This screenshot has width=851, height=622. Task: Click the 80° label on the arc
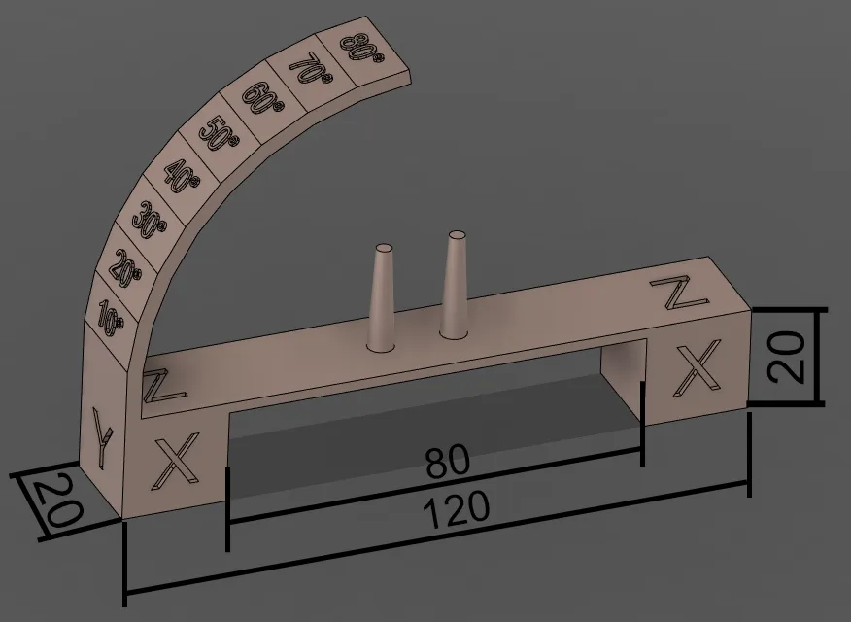pyautogui.click(x=359, y=49)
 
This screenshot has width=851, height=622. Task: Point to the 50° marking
pyautogui.click(x=219, y=133)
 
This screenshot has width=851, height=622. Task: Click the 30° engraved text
pyautogui.click(x=150, y=220)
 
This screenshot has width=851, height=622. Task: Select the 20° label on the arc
pyautogui.click(x=126, y=266)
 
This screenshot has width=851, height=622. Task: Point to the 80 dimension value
pyautogui.click(x=448, y=461)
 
